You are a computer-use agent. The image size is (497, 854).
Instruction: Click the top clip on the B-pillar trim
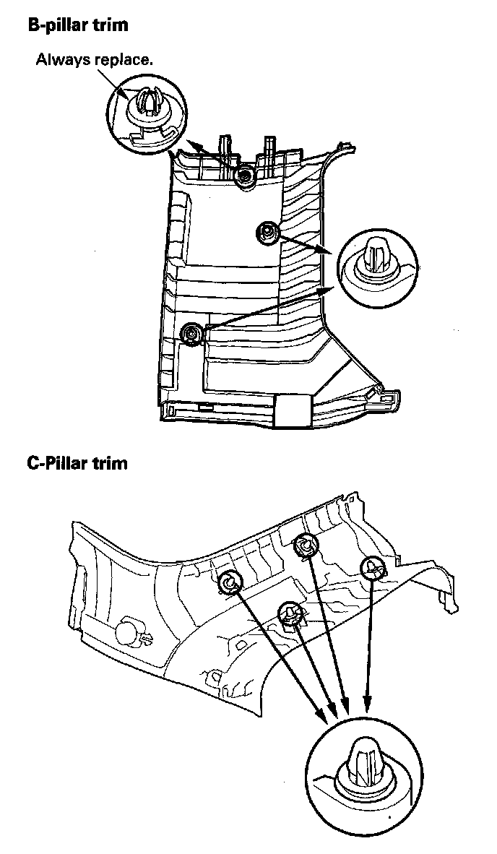coord(246,174)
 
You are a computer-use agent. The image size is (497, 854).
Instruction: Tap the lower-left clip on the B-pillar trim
coord(192,334)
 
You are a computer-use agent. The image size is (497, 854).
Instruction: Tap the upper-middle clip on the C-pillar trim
coord(306,545)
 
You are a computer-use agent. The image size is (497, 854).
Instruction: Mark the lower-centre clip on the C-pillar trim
coord(290,613)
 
